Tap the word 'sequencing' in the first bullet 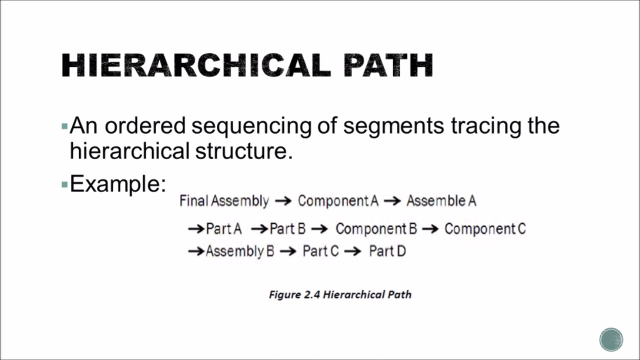point(253,125)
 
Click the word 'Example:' point(117,183)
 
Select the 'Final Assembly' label point(224,201)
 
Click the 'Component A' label point(338,201)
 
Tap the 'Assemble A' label point(441,201)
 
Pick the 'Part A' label point(223,229)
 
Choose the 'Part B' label point(287,229)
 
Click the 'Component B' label point(376,229)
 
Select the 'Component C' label point(485,229)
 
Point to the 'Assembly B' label point(240,251)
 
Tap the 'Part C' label point(320,251)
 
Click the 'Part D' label point(387,251)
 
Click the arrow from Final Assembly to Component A point(283,201)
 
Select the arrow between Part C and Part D point(352,251)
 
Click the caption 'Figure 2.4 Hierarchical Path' point(340,294)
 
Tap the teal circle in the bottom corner point(611,340)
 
